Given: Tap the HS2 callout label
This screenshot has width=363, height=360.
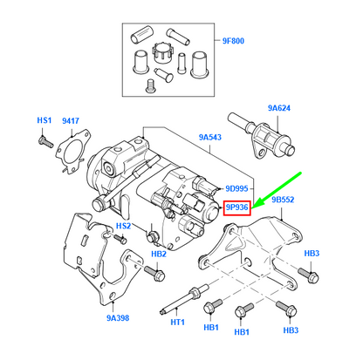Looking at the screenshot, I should click(x=125, y=226).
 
